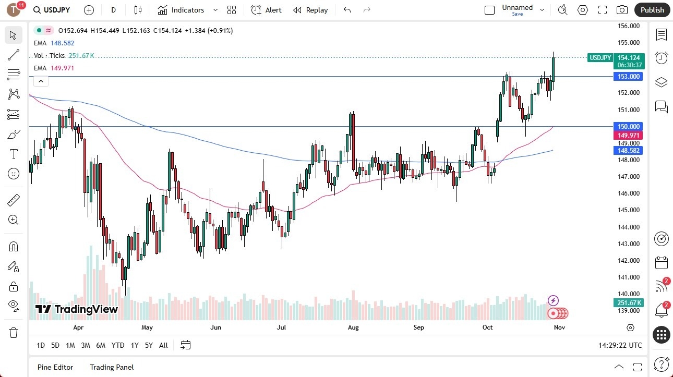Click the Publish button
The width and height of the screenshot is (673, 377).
coord(652,10)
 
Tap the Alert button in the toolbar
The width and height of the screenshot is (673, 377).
coord(267,10)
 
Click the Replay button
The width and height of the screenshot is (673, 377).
coord(310,10)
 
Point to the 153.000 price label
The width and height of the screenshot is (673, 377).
coord(629,77)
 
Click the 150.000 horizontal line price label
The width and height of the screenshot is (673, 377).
coord(629,126)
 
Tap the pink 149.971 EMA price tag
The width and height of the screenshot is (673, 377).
coord(629,135)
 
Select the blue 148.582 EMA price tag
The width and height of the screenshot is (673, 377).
coord(629,150)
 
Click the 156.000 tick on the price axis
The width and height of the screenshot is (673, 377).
coord(628,26)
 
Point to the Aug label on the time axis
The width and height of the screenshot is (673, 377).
coord(353,327)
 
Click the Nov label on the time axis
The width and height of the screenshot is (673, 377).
coord(559,327)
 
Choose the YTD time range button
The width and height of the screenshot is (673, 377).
coord(118,345)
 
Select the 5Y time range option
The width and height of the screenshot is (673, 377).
coord(149,345)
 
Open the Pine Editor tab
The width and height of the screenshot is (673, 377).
coord(55,367)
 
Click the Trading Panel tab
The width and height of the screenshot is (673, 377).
coord(112,367)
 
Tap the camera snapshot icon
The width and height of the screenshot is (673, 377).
coord(622,10)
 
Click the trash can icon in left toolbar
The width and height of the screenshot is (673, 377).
coord(14,333)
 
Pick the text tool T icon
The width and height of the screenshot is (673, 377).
coord(14,154)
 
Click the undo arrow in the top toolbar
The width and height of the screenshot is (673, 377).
coord(347,10)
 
